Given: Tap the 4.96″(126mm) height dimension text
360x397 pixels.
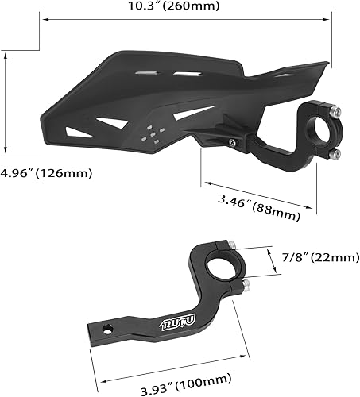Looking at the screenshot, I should click(47, 172).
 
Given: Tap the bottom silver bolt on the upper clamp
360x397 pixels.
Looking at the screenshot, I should click(336, 153).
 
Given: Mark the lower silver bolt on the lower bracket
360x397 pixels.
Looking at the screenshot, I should click(248, 283).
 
